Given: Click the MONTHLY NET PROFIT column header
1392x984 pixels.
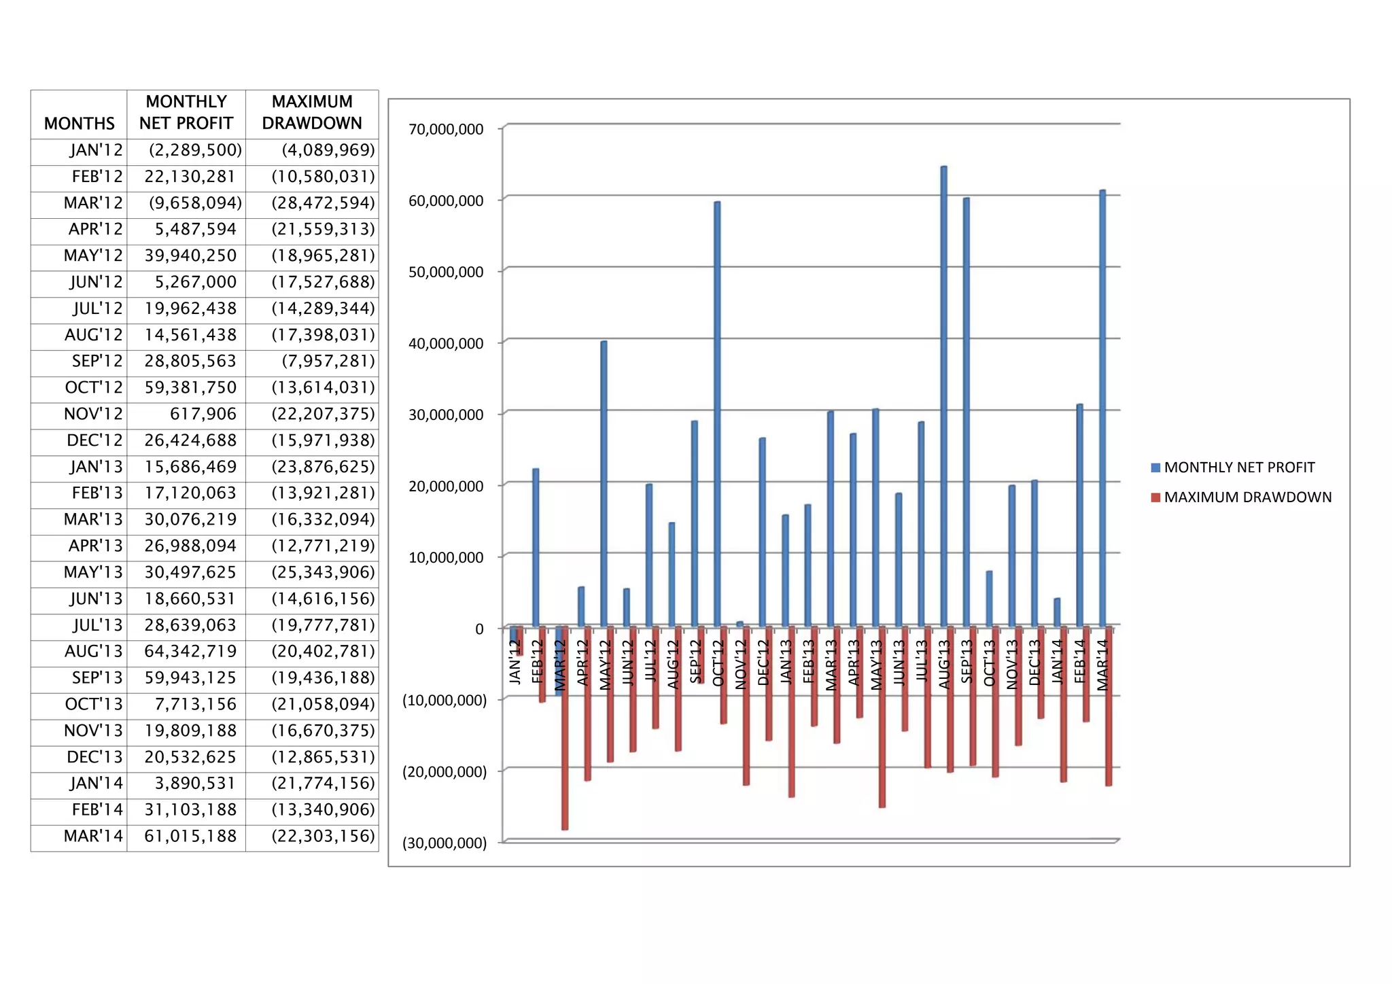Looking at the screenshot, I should pyautogui.click(x=186, y=113).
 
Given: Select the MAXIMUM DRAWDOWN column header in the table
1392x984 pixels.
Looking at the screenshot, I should pyautogui.click(x=312, y=113).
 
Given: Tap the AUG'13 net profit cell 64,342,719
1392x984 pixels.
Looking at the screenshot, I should pyautogui.click(x=190, y=652).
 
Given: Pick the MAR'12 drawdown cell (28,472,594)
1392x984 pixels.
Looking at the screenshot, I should pyautogui.click(x=323, y=203).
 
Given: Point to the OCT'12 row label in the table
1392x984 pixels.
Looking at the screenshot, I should pyautogui.click(x=94, y=388).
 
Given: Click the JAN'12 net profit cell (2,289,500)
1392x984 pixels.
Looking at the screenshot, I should pyautogui.click(x=195, y=150).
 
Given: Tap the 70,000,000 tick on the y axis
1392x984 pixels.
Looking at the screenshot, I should pyautogui.click(x=446, y=129).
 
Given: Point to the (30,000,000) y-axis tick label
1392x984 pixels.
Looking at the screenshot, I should pyautogui.click(x=445, y=843).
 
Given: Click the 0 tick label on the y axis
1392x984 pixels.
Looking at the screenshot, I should pyautogui.click(x=479, y=629).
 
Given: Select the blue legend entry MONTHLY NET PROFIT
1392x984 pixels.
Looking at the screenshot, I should pyautogui.click(x=1238, y=468).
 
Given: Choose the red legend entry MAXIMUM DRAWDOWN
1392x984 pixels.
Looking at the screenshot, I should pyautogui.click(x=1247, y=497).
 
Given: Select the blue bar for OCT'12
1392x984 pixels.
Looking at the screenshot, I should pyautogui.click(x=717, y=414).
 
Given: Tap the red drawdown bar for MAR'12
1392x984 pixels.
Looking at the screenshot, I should pyautogui.click(x=565, y=728).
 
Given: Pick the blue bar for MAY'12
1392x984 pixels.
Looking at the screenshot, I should pyautogui.click(x=604, y=483).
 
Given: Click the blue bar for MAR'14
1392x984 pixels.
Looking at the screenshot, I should pyautogui.click(x=1102, y=408).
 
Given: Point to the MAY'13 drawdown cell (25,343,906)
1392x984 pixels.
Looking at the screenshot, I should pyautogui.click(x=323, y=572).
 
